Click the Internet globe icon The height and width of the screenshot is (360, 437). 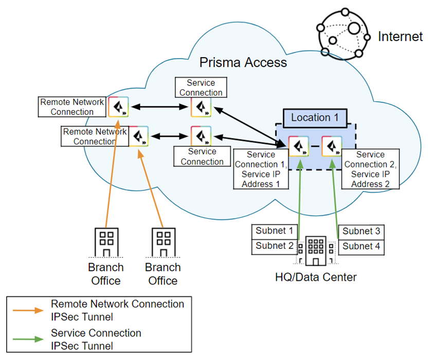point(342,33)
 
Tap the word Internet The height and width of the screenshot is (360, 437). point(400,37)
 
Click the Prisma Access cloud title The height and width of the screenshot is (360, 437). point(243,63)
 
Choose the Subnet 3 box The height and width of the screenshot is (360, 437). point(361,231)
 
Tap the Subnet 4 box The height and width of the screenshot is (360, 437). point(361,246)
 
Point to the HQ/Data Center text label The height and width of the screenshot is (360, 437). point(315,278)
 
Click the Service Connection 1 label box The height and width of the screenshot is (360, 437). point(260,169)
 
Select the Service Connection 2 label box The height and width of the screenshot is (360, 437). point(370,169)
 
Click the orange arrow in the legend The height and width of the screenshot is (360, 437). point(29,311)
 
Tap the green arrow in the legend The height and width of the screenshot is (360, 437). point(29,339)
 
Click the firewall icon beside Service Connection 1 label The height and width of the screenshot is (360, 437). point(298,146)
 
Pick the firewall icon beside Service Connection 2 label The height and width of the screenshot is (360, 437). point(332,146)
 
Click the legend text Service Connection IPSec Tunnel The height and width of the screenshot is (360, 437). point(96,339)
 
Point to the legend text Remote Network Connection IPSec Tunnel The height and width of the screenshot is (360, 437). point(117,310)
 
